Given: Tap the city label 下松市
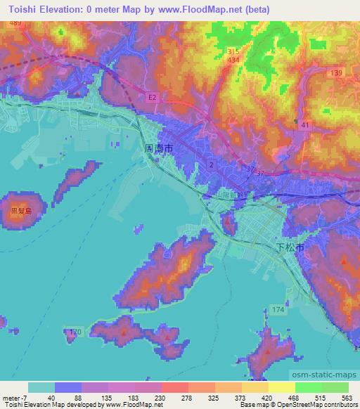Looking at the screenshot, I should [x=290, y=247].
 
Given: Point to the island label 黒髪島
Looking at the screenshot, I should [x=20, y=210].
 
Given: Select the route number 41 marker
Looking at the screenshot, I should [x=304, y=124].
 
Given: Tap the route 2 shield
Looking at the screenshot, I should [x=210, y=164].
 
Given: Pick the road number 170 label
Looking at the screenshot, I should [x=77, y=330].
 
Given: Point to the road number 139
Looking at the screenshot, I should [x=337, y=73].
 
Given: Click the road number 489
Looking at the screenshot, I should [x=16, y=24].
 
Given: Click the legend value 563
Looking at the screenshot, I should [x=347, y=397].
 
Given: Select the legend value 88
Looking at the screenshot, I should [x=78, y=397].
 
